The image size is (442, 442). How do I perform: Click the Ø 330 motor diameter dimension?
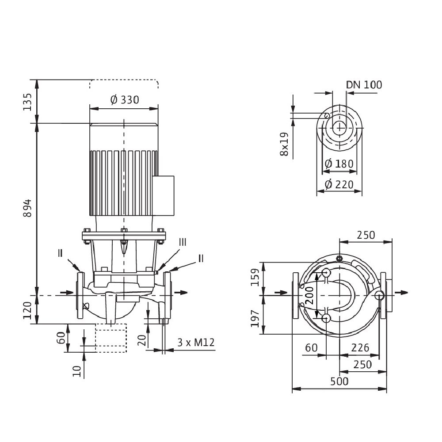(x=124, y=100)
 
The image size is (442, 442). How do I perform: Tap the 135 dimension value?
(x=27, y=102)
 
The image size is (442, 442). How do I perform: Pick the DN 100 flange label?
(x=364, y=84)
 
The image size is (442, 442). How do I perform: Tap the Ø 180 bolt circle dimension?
(x=339, y=164)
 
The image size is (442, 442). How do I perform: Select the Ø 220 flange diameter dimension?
(x=339, y=184)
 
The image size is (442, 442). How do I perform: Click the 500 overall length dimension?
(x=339, y=381)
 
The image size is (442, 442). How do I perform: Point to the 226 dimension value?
(x=360, y=348)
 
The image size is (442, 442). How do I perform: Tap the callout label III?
(x=183, y=242)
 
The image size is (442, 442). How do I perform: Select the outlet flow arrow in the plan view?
(x=401, y=293)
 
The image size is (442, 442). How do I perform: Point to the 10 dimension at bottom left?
(x=78, y=370)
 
